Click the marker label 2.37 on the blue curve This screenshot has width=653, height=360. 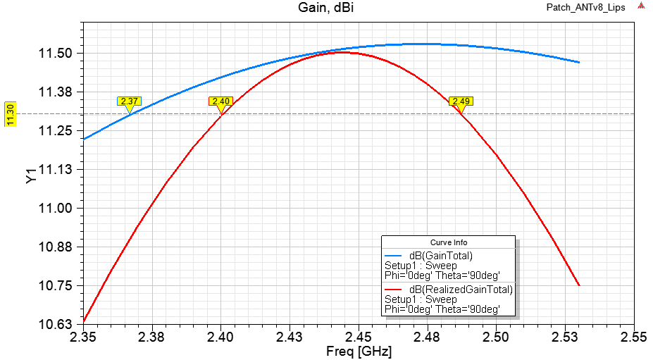click(x=129, y=101)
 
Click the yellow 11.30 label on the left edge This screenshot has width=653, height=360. click(x=10, y=113)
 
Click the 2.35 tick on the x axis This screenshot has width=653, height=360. click(x=83, y=337)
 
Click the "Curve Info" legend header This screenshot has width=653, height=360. click(x=448, y=242)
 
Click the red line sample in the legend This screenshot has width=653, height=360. click(x=394, y=289)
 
